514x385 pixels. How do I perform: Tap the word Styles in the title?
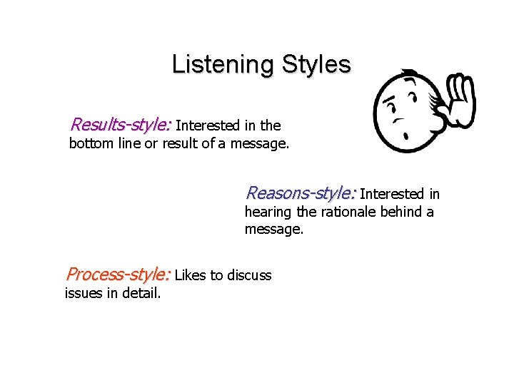[x=316, y=65]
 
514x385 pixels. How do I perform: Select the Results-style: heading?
[x=121, y=125]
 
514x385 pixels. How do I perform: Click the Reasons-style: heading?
[x=301, y=193]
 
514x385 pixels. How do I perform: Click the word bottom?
[x=94, y=144]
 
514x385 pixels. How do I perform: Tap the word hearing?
[x=268, y=212]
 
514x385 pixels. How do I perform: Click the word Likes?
[x=189, y=275]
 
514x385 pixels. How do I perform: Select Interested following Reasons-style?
[x=391, y=194]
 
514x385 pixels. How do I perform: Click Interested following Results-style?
[x=206, y=126]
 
